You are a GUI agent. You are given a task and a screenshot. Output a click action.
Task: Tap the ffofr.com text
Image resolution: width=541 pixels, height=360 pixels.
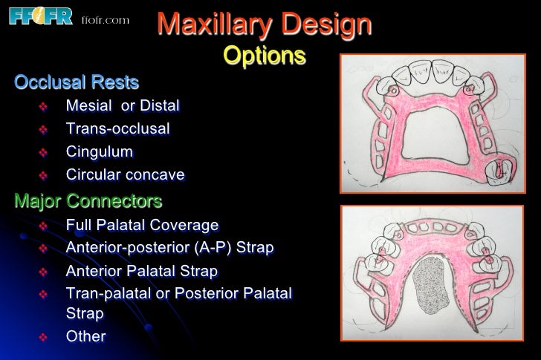pos(104,19)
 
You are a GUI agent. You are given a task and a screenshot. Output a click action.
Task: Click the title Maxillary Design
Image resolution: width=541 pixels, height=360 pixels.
pos(264,25)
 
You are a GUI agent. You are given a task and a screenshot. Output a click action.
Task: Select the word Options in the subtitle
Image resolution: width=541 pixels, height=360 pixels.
pos(264,56)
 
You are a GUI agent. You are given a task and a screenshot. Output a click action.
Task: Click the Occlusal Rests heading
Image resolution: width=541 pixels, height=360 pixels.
pos(77,82)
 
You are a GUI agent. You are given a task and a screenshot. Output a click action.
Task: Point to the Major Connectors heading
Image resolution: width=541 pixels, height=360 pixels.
pos(88,201)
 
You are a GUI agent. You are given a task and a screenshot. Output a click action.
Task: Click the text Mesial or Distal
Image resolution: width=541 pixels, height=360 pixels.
pos(123,106)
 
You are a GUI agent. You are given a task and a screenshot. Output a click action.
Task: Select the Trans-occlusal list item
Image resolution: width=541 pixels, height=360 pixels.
pos(117,129)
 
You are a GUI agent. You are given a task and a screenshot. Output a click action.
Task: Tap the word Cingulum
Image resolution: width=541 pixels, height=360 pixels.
pos(100,152)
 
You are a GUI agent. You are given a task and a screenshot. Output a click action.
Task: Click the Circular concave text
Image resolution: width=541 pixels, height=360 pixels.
pos(125,175)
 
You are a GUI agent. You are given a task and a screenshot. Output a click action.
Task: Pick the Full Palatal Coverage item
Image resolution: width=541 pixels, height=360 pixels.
pos(142,225)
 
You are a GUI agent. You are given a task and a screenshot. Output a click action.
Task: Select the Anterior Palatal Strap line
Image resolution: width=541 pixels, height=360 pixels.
pos(141,271)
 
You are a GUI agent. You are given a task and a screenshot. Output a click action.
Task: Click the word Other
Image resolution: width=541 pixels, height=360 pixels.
pos(85,336)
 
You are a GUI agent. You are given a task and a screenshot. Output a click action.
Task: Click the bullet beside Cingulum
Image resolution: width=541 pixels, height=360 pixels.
pos(42,153)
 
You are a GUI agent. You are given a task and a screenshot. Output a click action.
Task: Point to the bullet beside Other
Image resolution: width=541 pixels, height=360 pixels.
pos(42,337)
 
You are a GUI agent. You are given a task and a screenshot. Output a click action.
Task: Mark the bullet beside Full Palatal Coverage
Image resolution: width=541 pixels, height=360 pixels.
pos(42,226)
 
